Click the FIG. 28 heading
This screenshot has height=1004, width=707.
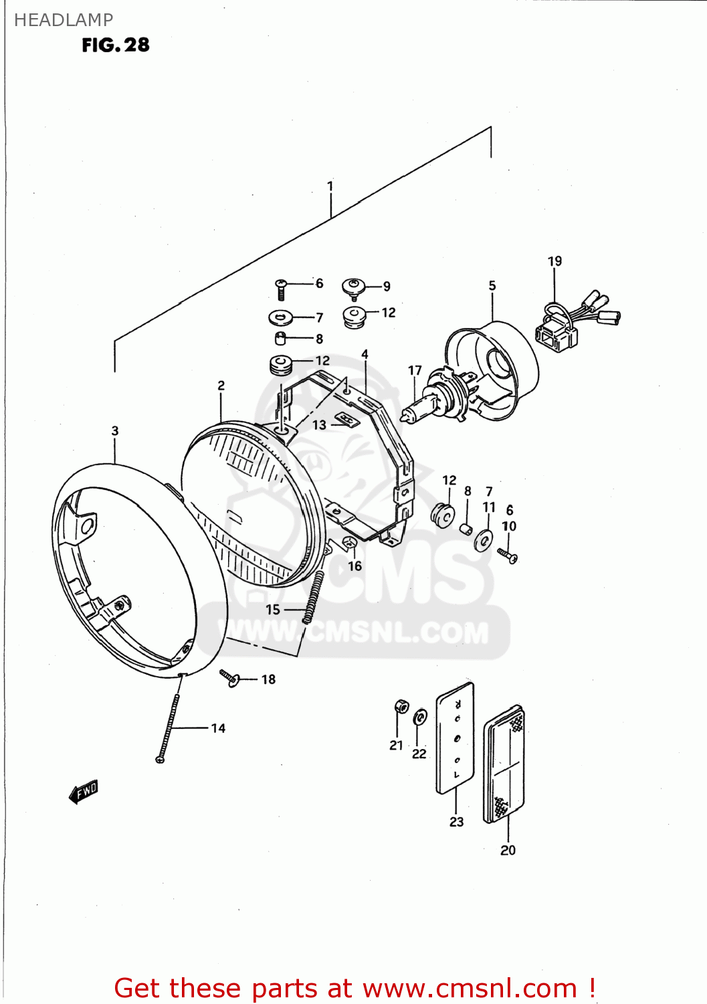click(x=116, y=45)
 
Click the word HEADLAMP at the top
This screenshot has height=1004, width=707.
click(x=64, y=20)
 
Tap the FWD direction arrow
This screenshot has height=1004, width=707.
click(x=84, y=791)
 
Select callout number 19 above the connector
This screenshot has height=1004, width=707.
click(x=554, y=261)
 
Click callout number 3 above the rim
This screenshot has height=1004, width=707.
click(x=115, y=430)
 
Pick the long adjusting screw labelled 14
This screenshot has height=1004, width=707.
click(x=169, y=726)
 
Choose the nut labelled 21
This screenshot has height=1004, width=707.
click(x=401, y=706)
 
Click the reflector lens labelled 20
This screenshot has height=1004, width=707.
click(x=506, y=763)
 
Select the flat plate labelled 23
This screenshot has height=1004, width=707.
click(x=456, y=738)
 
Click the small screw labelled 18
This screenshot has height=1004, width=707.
click(x=229, y=677)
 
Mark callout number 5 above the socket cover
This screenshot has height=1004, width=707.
click(x=492, y=286)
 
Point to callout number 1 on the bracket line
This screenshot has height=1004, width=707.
click(x=330, y=185)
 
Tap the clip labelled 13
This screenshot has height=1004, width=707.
click(x=345, y=420)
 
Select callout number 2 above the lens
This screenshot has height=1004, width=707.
click(x=221, y=386)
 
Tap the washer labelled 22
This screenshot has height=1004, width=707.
click(x=420, y=718)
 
